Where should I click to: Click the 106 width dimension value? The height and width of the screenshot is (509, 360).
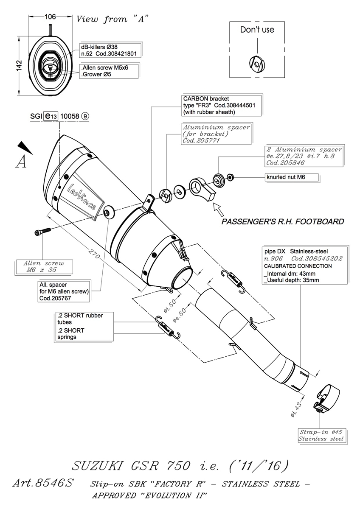pyautogui.click(x=50, y=17)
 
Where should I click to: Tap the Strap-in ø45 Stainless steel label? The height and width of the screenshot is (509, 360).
pyautogui.click(x=321, y=435)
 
